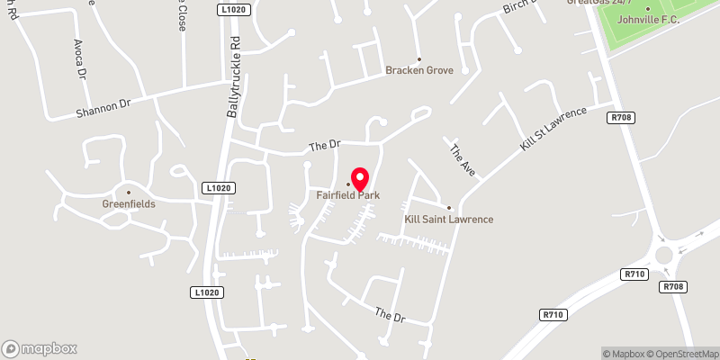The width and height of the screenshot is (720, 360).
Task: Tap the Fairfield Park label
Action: (347, 194)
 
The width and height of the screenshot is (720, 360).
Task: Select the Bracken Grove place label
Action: (419, 70)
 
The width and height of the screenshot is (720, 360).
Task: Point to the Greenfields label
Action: (129, 203)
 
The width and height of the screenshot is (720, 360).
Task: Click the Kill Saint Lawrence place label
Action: (449, 219)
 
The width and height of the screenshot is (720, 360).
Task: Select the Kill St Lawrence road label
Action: (553, 129)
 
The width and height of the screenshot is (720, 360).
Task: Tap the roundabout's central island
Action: (669, 255)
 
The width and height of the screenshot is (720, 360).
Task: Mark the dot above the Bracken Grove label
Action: (418, 59)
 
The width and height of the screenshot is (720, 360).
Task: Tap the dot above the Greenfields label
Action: (129, 192)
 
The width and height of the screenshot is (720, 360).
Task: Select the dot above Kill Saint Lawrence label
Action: (449, 208)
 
